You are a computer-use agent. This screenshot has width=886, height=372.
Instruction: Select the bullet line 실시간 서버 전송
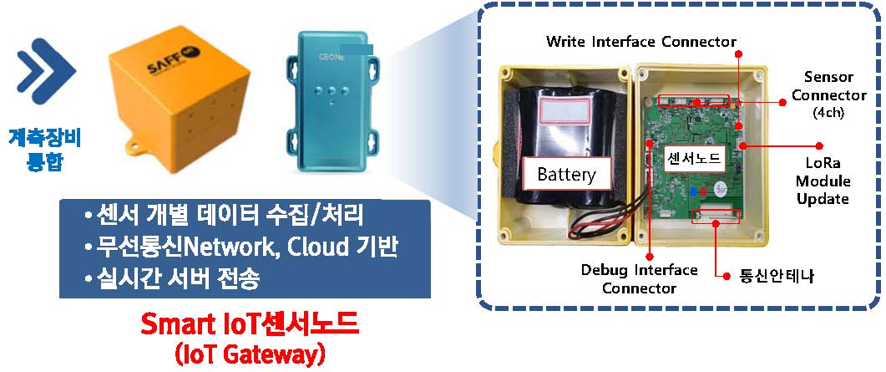tap(175, 278)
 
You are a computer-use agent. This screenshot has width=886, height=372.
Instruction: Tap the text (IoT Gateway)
tap(250, 354)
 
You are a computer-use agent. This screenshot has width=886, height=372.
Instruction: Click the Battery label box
tap(566, 175)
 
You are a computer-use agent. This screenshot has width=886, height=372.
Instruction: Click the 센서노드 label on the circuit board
tap(690, 157)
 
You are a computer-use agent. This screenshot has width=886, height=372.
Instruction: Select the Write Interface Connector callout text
tap(640, 41)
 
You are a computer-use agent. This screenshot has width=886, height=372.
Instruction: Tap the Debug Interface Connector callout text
tap(639, 278)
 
